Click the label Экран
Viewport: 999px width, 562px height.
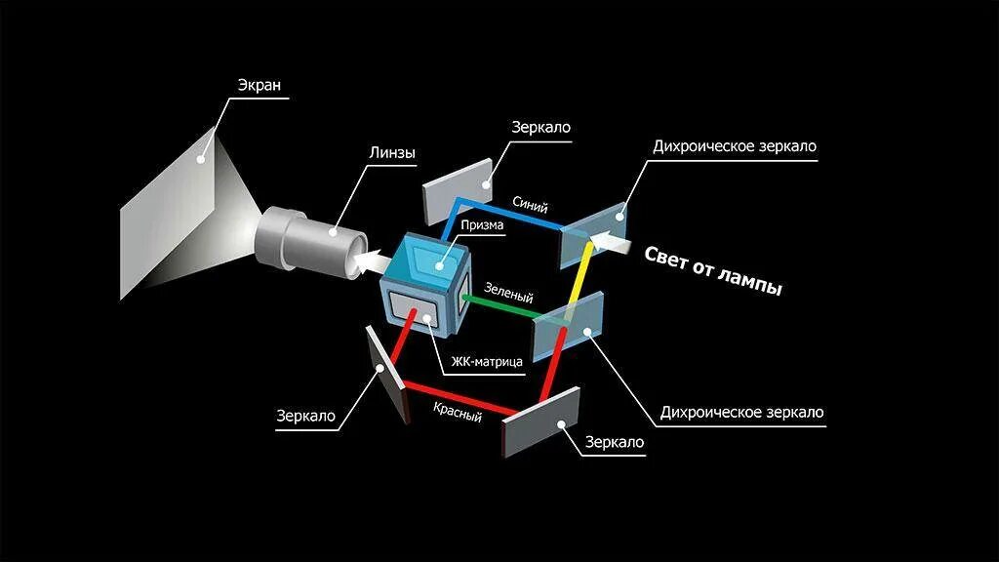(259, 85)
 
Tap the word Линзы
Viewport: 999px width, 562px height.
(391, 153)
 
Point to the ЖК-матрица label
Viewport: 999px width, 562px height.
(487, 361)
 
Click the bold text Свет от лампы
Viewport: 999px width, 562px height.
(715, 270)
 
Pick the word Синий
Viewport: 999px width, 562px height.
(530, 206)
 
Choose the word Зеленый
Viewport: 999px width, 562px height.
(508, 292)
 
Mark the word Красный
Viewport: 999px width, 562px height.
(459, 411)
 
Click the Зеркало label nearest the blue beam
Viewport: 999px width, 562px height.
(540, 128)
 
